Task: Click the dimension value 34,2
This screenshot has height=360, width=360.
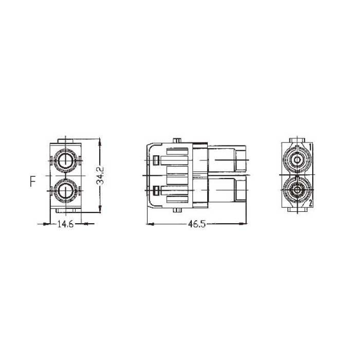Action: (100, 175)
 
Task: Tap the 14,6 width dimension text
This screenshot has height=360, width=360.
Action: (65, 224)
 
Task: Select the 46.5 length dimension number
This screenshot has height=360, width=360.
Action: (197, 224)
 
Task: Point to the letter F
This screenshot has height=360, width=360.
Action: (33, 181)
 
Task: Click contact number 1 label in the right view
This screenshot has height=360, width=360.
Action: (310, 147)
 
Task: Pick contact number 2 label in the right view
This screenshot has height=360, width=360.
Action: (311, 203)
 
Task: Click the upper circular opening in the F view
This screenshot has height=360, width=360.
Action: (66, 160)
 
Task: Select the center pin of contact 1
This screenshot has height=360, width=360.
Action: (297, 159)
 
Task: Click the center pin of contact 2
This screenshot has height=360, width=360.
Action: (297, 190)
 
